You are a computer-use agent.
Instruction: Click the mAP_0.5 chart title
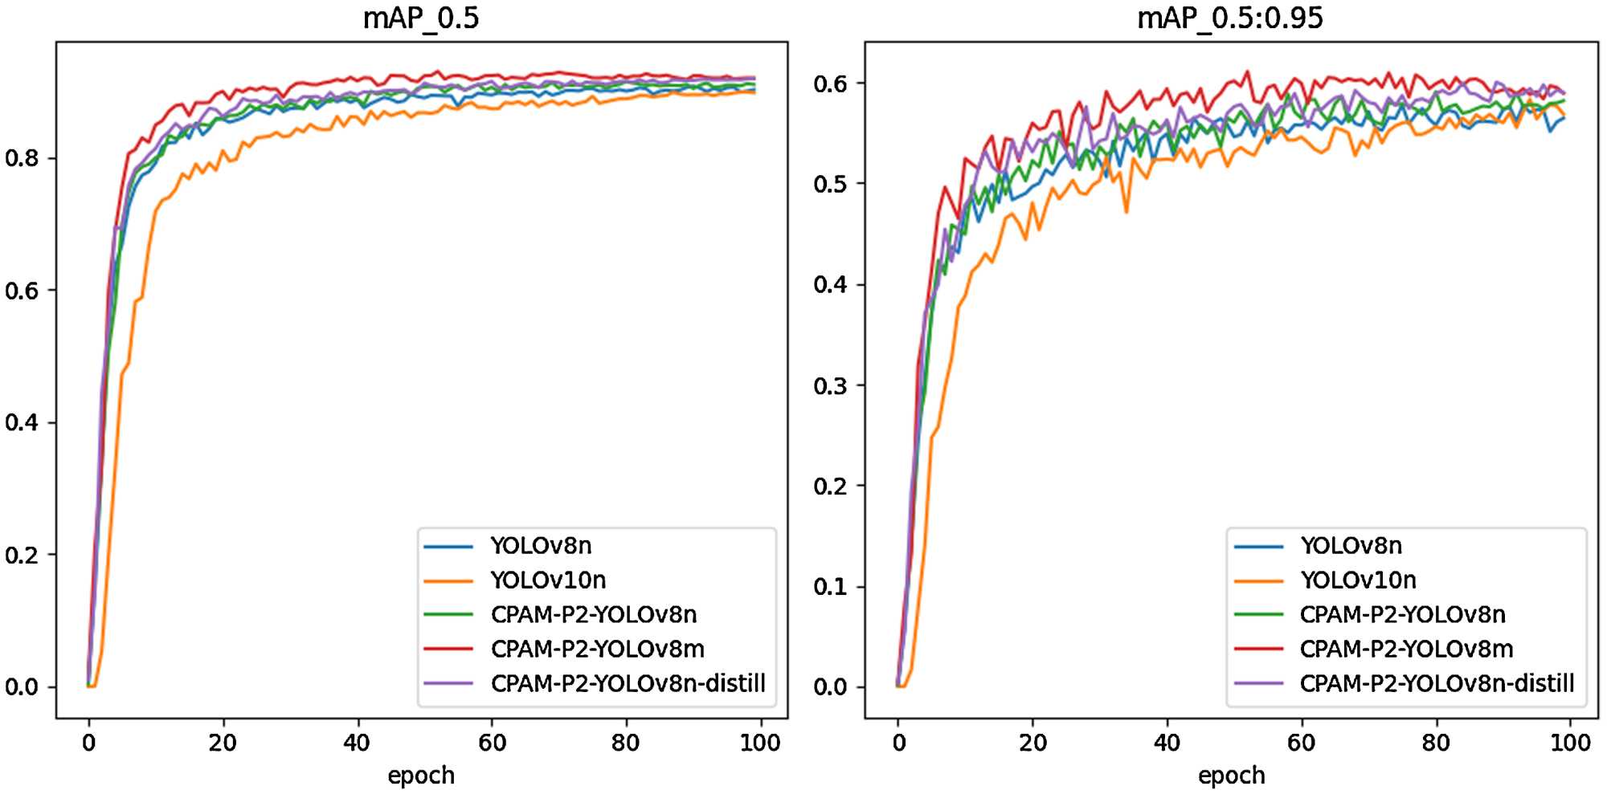click(x=421, y=18)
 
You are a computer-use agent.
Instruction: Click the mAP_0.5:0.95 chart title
click(x=1230, y=18)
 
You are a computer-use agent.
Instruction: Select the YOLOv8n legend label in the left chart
click(x=541, y=546)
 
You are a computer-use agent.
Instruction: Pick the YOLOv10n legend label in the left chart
click(x=548, y=580)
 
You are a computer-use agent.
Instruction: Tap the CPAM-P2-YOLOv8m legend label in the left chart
click(x=598, y=649)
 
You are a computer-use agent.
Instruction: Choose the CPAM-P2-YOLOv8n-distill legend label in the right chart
click(x=1437, y=683)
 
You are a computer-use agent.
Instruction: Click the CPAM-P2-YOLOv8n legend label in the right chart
click(x=1403, y=615)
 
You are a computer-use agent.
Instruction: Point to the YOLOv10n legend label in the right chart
click(x=1358, y=580)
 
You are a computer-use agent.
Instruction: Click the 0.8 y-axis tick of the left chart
click(x=21, y=158)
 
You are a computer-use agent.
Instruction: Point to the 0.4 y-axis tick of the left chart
click(x=21, y=422)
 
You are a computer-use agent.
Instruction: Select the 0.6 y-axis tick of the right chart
click(x=830, y=83)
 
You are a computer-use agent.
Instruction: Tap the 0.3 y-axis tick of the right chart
click(x=830, y=385)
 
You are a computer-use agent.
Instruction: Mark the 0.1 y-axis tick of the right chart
click(x=830, y=587)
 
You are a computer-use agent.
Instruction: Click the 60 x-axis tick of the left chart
click(x=492, y=743)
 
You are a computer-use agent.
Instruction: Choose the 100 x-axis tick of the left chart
click(x=759, y=743)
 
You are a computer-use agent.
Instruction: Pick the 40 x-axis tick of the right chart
click(x=1167, y=743)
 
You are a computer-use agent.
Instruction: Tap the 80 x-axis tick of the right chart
click(x=1435, y=743)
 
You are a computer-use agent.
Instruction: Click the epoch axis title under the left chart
click(x=421, y=776)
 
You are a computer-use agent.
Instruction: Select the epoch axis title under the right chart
click(x=1231, y=776)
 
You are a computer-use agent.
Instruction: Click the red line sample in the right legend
click(x=1258, y=649)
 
